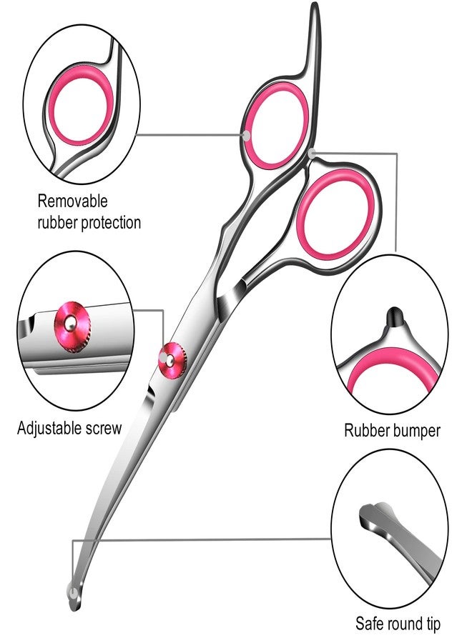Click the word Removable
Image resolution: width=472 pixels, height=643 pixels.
point(72,201)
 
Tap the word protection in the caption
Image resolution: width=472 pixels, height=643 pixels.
point(111,223)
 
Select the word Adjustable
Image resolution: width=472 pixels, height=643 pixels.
point(49,428)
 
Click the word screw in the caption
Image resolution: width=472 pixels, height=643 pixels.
point(104,429)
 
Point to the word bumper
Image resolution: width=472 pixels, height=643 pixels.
point(416,431)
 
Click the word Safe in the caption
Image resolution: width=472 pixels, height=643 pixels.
point(368,623)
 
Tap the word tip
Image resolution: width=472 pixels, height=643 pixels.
point(433,624)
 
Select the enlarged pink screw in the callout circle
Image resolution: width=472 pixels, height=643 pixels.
point(72,327)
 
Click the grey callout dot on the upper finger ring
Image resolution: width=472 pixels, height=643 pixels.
point(246,136)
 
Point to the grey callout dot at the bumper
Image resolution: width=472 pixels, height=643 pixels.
point(313,154)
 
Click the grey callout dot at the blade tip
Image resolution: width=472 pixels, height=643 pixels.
point(72,593)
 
